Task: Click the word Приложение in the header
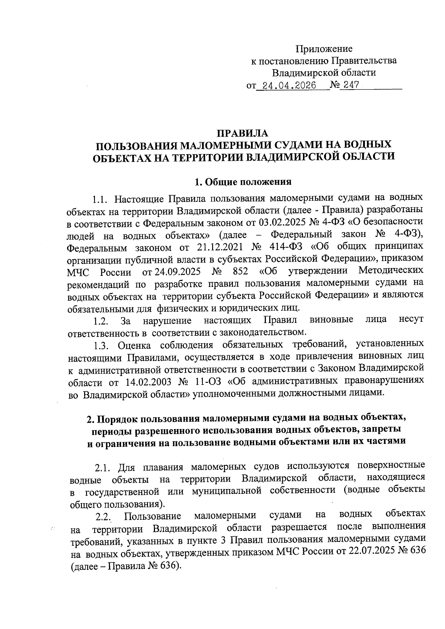click(x=324, y=49)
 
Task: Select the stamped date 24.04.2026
click(x=289, y=86)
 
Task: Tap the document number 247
click(x=350, y=85)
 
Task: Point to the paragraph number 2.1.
click(x=103, y=468)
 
